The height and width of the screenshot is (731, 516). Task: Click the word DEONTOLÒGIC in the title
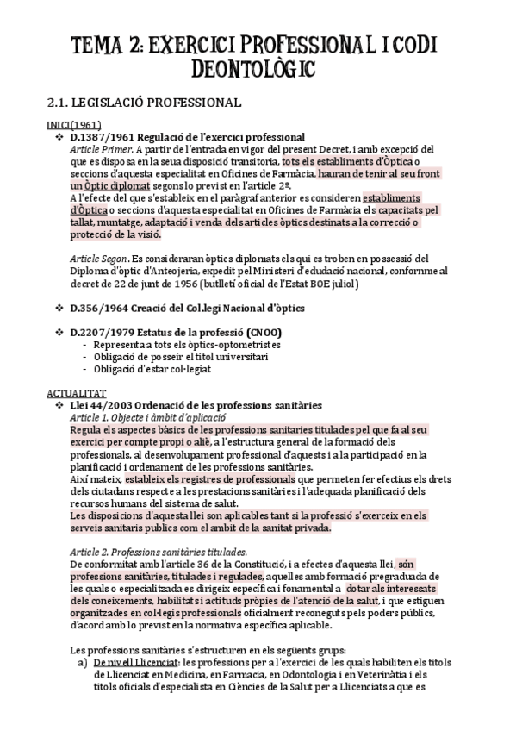coord(258,67)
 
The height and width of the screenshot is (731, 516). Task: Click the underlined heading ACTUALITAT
coord(71,390)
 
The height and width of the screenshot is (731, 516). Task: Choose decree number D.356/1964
coord(96,308)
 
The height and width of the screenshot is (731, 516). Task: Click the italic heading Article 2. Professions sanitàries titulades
coord(159,552)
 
